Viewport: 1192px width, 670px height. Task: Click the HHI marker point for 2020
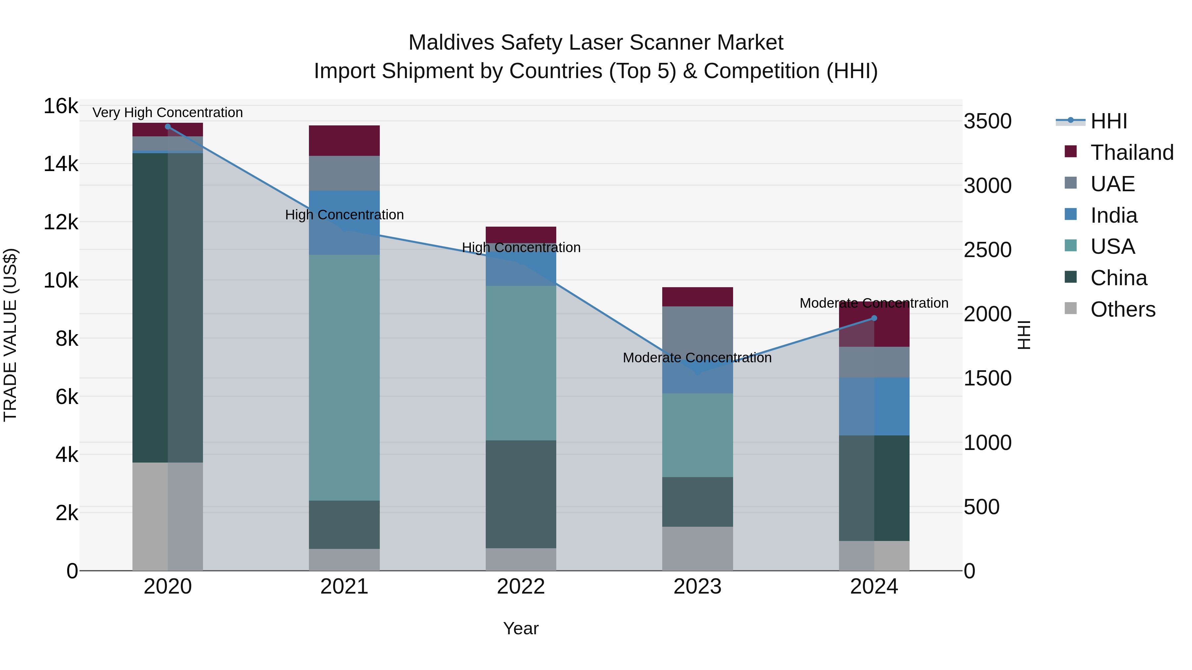click(168, 127)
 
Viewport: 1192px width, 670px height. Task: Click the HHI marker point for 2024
click(874, 318)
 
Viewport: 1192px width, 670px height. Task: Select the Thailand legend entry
click(1131, 153)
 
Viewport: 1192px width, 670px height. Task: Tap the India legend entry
click(1113, 215)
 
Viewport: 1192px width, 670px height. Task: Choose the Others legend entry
click(1122, 309)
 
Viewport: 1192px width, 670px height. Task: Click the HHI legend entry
click(1108, 121)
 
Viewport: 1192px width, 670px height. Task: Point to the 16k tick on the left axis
click(61, 106)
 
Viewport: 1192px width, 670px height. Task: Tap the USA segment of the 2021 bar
click(344, 377)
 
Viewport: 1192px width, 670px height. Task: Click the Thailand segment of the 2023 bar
click(697, 297)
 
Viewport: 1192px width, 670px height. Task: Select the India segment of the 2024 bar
click(874, 406)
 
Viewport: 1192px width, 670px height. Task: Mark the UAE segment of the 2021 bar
click(344, 173)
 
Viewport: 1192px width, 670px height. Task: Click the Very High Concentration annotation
click(168, 113)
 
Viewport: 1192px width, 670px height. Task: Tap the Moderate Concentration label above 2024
click(874, 303)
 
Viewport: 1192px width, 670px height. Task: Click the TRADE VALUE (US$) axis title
click(10, 335)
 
